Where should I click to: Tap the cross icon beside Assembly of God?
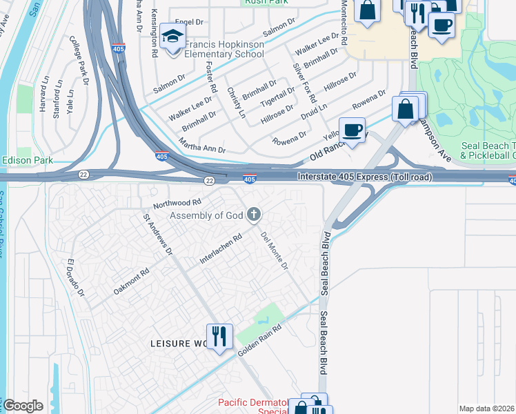254,215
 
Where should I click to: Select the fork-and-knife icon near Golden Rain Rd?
219,336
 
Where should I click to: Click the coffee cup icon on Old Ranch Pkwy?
352,130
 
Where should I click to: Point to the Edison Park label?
28,160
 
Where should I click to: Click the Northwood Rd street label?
177,203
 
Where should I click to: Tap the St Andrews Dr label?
157,235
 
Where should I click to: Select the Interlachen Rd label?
221,250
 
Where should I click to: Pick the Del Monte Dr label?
274,250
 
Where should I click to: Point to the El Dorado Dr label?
75,278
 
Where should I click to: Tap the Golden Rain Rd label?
261,341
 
